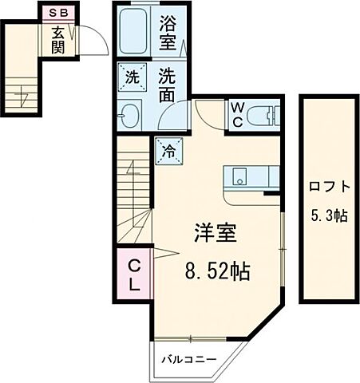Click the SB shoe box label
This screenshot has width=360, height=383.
click(59, 14)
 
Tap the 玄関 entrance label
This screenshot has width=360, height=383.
click(59, 39)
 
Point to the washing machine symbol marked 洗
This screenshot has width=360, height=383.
click(131, 77)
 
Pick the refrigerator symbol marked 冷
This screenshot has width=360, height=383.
click(168, 150)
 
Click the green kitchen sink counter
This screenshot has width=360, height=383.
click(251, 176)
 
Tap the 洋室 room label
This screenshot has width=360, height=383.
click(216, 235)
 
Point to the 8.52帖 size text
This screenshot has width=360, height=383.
click(218, 271)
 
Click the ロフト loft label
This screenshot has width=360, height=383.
click(328, 188)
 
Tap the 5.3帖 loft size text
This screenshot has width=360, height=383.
click(328, 215)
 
